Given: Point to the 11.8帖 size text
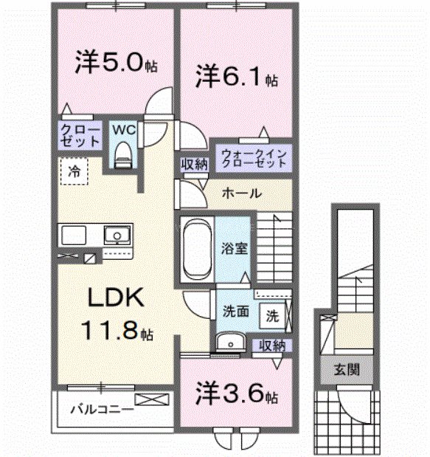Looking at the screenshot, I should pyautogui.click(x=119, y=330).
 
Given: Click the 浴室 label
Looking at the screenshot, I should pyautogui.click(x=236, y=248).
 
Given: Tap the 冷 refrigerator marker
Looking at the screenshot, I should pyautogui.click(x=74, y=171).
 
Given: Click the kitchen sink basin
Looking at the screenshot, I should pyautogui.click(x=117, y=236).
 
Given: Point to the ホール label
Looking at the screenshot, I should pyautogui.click(x=241, y=193).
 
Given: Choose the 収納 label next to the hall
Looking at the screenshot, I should pyautogui.click(x=193, y=165).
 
